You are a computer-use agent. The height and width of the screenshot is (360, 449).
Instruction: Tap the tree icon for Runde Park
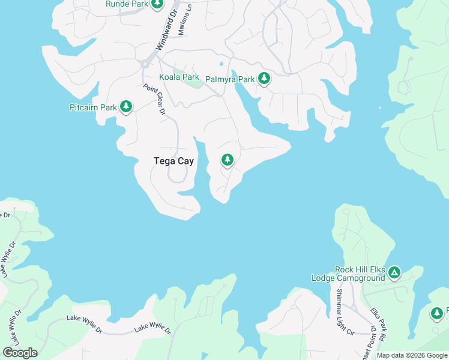pyautogui.click(x=157, y=4)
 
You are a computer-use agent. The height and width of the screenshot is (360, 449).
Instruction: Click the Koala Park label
pyautogui.click(x=178, y=77)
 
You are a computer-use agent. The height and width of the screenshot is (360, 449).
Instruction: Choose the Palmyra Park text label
pyautogui.click(x=230, y=79)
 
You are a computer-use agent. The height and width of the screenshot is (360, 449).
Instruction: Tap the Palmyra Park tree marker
pyautogui.click(x=264, y=78)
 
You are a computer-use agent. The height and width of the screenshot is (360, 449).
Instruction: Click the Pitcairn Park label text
pyautogui.click(x=92, y=108)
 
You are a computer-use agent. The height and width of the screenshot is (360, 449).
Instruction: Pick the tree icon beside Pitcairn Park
pyautogui.click(x=125, y=107)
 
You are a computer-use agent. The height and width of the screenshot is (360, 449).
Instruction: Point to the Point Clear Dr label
pyautogui.click(x=154, y=99)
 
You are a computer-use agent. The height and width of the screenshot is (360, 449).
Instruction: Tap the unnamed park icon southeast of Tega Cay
pyautogui.click(x=227, y=160)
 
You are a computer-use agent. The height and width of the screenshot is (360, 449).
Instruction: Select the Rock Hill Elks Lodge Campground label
pyautogui.click(x=348, y=274)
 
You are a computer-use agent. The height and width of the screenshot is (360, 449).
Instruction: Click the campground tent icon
pyautogui.click(x=394, y=274)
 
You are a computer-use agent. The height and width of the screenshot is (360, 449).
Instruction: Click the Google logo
pyautogui.click(x=20, y=353)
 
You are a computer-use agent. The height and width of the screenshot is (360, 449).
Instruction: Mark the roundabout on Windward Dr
pyautogui.click(x=144, y=63)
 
